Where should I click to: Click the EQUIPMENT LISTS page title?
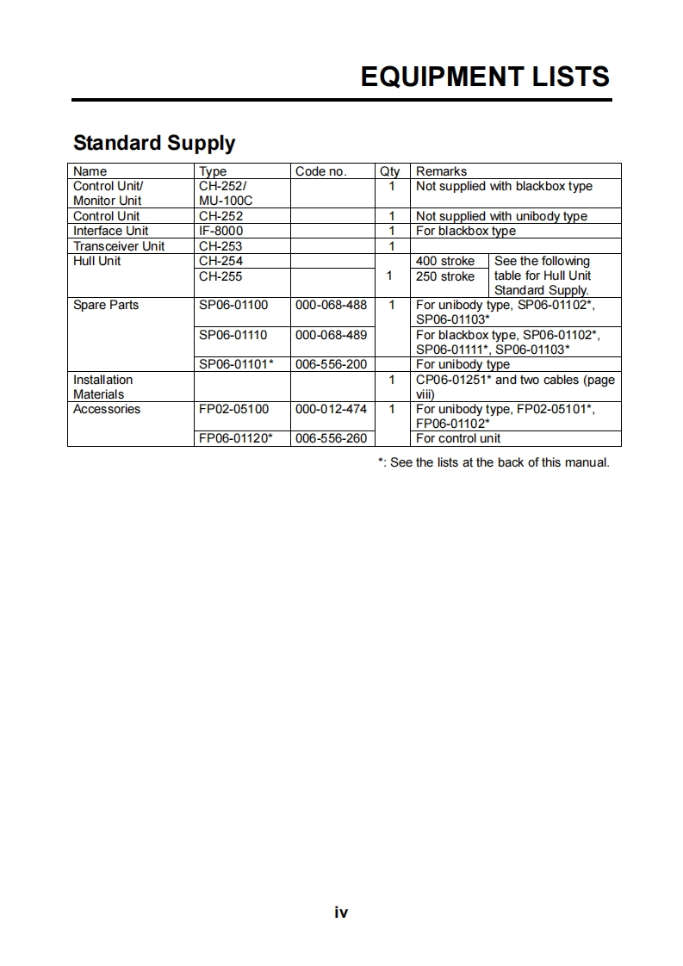click(485, 77)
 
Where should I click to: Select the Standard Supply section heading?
click(154, 143)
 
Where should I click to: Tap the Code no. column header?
click(320, 171)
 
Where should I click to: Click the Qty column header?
click(389, 171)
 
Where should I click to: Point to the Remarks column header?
click(441, 171)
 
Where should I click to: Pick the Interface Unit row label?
click(110, 231)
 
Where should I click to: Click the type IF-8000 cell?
click(220, 231)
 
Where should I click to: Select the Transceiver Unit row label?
click(119, 246)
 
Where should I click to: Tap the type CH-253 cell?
click(220, 246)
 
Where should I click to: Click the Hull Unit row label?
click(97, 261)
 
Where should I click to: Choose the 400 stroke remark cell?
click(445, 261)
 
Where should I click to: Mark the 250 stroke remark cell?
click(445, 276)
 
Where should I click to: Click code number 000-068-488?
click(331, 305)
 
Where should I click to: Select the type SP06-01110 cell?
click(233, 335)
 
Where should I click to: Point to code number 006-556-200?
click(331, 364)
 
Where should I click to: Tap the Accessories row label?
click(107, 409)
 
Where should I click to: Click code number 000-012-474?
click(331, 409)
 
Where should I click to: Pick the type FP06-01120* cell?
click(236, 438)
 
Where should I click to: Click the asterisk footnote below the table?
click(494, 462)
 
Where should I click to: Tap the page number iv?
click(341, 913)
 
